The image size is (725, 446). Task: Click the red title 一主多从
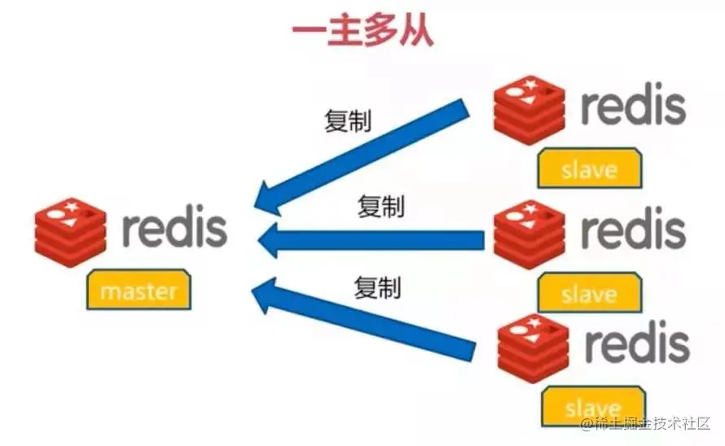[x=362, y=32]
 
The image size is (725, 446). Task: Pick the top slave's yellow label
[x=589, y=169]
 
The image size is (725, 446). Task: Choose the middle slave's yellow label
[x=589, y=292]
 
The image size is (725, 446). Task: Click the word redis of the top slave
[x=633, y=105]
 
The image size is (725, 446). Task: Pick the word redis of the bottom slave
[x=636, y=345]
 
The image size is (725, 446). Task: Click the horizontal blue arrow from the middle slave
[x=371, y=238]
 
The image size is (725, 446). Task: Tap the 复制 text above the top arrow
[x=348, y=121]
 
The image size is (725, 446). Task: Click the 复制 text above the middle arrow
[x=380, y=207]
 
